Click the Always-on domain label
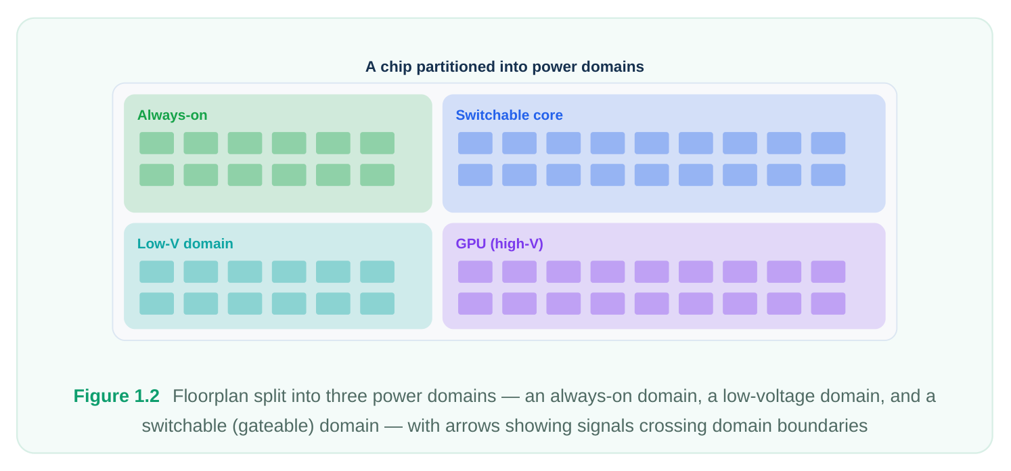pos(172,115)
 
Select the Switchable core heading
pos(509,115)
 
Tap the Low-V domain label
pos(185,244)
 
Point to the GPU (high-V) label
pos(499,244)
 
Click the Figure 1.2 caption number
pos(116,396)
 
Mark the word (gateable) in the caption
pos(273,426)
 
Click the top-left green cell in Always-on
pos(156,143)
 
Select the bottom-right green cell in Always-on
pos(378,175)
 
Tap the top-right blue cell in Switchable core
pos(828,143)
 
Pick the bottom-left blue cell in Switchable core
pos(475,175)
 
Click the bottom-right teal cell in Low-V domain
pos(378,304)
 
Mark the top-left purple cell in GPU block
pos(475,271)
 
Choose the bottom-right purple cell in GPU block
pos(828,304)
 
